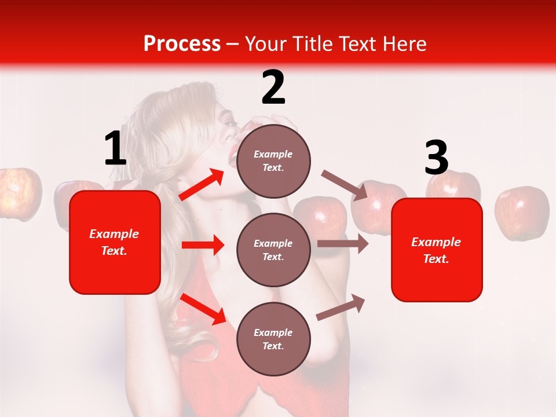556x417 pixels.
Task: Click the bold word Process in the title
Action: [182, 43]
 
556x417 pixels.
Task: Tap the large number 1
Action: [115, 148]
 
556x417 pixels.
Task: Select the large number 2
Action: [273, 87]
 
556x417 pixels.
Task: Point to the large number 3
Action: [436, 158]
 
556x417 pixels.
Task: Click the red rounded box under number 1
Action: [115, 242]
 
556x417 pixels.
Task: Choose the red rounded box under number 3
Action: [437, 250]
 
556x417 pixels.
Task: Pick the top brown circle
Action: [273, 160]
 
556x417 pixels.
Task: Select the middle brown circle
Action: [273, 250]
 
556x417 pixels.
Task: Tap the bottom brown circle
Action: [273, 339]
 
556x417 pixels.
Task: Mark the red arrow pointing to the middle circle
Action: [203, 245]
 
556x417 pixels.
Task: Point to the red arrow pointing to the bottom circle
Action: [203, 309]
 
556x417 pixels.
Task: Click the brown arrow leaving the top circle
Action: [345, 185]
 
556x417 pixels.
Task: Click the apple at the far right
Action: [522, 212]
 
